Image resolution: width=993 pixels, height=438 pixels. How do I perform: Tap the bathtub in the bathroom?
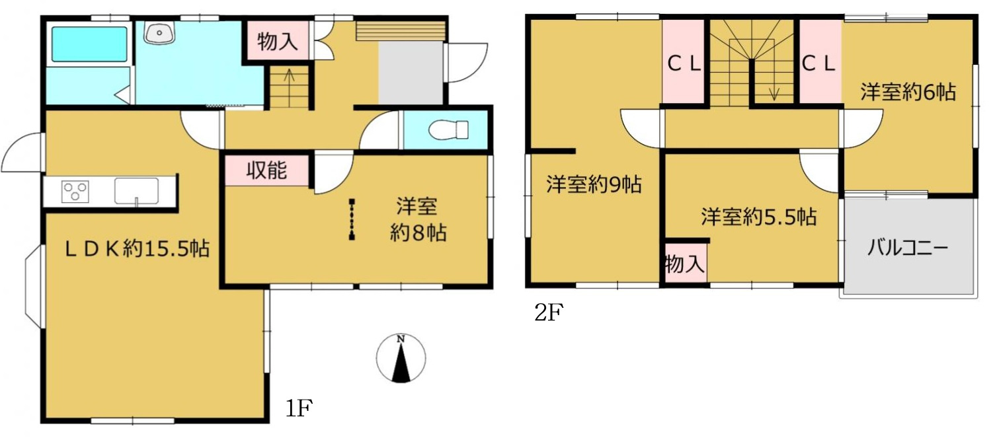point(89,44)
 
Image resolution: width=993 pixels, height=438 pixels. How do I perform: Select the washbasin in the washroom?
point(159,32)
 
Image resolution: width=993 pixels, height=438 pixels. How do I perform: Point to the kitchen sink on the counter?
point(136,191)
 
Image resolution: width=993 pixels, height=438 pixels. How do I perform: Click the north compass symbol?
point(401,359)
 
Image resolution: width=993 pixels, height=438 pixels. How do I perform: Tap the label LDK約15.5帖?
point(128,249)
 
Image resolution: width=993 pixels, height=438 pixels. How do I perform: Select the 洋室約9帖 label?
point(594,185)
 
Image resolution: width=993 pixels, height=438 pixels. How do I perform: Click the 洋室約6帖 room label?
point(908,92)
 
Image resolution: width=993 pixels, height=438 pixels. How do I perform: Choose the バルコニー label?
point(908,248)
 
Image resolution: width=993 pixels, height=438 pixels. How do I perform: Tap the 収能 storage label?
point(266,170)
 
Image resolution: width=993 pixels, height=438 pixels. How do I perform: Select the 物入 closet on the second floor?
point(684,265)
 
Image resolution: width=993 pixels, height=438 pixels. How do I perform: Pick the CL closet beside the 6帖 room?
point(819,64)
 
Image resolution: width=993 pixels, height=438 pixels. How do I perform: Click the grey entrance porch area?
point(411,73)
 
